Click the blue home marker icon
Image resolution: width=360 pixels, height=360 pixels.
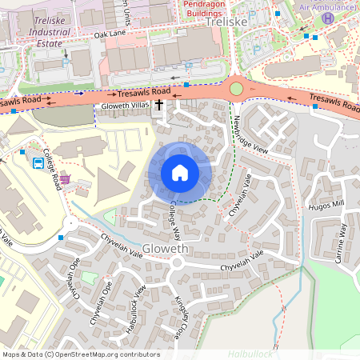click(x=179, y=173)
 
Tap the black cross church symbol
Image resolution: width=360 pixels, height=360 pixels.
click(x=158, y=105)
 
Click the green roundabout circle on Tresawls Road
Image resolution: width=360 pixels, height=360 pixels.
click(x=236, y=88)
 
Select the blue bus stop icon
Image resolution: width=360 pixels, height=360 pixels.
click(x=38, y=163)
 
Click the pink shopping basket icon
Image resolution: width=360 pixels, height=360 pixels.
click(x=64, y=178)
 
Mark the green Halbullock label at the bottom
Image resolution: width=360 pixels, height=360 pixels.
click(x=250, y=353)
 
